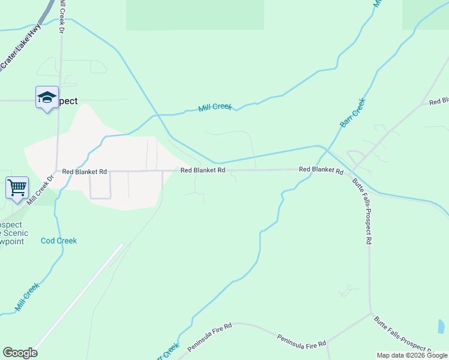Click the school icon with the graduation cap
click(47, 98)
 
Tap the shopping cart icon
click(17, 187)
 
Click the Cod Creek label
click(59, 241)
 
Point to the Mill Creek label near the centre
click(215, 107)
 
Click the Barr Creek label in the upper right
click(352, 113)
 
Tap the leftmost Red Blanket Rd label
click(84, 172)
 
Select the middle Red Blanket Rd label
click(203, 170)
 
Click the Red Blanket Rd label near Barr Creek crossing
click(321, 170)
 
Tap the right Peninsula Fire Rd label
click(301, 340)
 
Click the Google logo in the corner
click(20, 353)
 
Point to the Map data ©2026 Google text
click(411, 355)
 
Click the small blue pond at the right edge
click(441, 326)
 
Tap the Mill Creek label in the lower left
click(28, 296)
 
